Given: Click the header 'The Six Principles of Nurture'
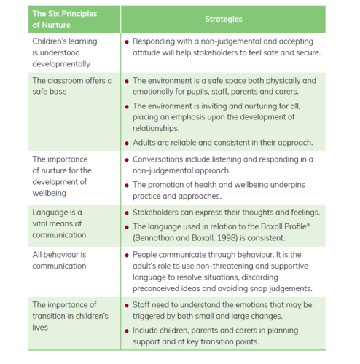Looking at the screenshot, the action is (x=65, y=19).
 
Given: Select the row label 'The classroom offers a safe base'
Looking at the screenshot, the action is (x=72, y=86).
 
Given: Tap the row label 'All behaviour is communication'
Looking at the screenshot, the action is (x=60, y=260).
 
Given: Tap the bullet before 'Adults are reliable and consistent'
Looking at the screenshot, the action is (x=127, y=143).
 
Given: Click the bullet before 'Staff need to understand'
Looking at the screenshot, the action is (x=127, y=304).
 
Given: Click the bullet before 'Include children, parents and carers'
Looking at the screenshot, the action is (x=127, y=330).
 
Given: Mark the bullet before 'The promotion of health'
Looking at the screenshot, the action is (x=127, y=185).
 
